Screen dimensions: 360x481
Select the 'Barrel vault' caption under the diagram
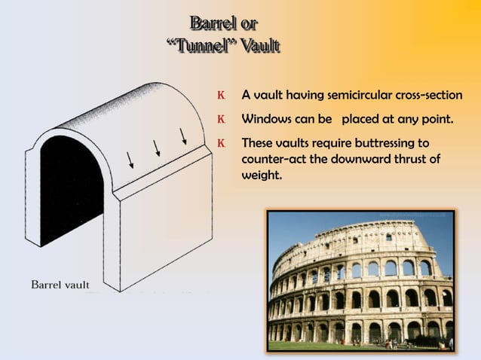60,285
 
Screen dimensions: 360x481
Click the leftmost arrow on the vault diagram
130,159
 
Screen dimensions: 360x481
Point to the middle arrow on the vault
157,148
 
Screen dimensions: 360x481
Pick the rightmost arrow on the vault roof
183,136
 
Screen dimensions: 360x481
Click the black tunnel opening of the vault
72,188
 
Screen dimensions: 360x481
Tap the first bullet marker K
221,96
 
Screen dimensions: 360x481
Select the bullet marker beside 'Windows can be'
221,119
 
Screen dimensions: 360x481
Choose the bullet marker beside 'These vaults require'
221,142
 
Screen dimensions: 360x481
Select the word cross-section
427,96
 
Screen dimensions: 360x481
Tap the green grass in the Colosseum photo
302,346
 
